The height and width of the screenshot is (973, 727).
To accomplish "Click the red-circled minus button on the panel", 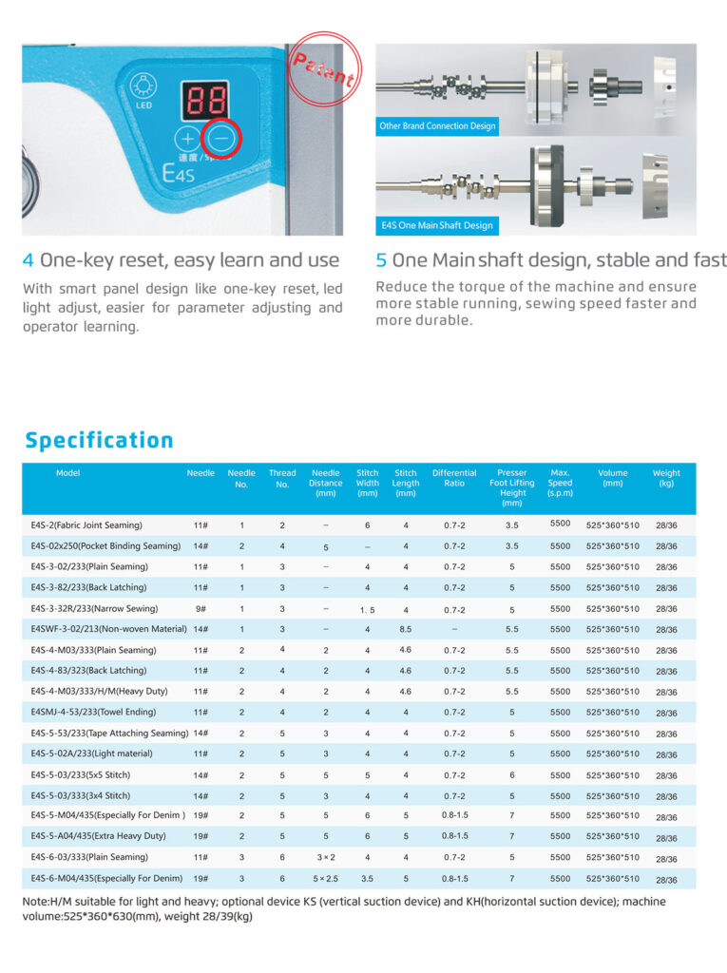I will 221,139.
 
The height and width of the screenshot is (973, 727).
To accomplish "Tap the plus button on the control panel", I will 188,139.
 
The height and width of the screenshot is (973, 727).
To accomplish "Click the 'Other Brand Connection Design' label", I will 437,125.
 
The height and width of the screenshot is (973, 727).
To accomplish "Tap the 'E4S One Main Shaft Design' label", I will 436,225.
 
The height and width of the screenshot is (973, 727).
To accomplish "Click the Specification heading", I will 100,440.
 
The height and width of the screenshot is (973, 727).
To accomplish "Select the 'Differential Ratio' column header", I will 454,477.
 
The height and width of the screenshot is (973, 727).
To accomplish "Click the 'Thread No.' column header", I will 282,477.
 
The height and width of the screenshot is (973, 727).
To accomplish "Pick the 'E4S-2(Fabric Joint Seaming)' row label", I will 86,525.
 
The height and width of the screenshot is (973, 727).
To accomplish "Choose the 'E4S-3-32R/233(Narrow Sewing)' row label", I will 94,608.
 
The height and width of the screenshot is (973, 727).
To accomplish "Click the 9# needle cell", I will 201,608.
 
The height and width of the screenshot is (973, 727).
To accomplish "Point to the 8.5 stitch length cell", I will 406,629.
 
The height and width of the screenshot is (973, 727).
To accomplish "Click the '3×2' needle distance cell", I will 325,857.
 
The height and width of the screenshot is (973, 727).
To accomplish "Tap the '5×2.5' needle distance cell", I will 325,878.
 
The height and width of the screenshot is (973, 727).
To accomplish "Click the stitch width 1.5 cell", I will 367,609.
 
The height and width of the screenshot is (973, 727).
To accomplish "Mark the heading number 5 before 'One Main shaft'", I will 381,260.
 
